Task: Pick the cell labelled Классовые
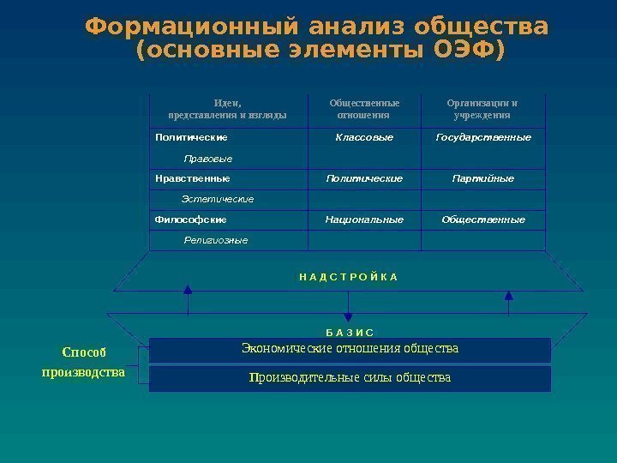pyautogui.click(x=364, y=137)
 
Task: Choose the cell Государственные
pyautogui.click(x=482, y=137)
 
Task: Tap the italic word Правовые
pyautogui.click(x=208, y=159)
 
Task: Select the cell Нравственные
pyautogui.click(x=192, y=178)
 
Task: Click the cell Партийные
pyautogui.click(x=482, y=178)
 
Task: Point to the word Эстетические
pyautogui.click(x=219, y=199)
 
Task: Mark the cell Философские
pyautogui.click(x=190, y=219)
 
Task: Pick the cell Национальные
pyautogui.click(x=364, y=219)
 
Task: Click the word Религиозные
pyautogui.click(x=216, y=240)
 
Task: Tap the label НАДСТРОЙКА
pyautogui.click(x=349, y=277)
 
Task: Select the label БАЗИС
pyautogui.click(x=350, y=331)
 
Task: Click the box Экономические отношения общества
pyautogui.click(x=350, y=349)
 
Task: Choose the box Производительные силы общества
pyautogui.click(x=350, y=378)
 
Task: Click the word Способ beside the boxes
pyautogui.click(x=84, y=352)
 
